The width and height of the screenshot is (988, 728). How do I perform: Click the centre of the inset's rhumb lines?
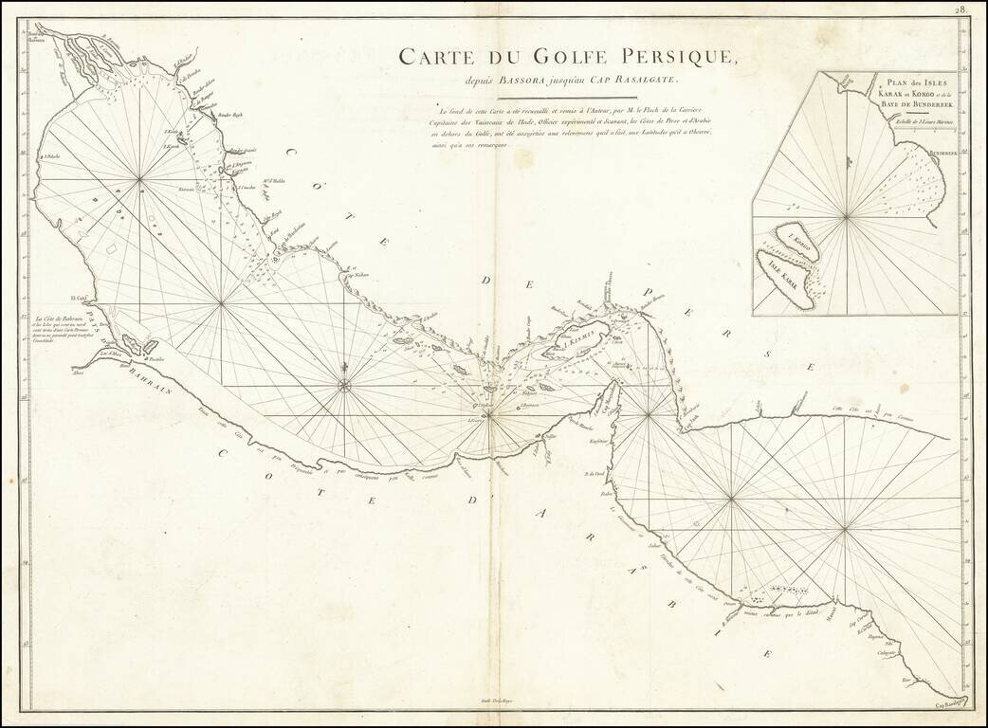click(846, 217)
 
